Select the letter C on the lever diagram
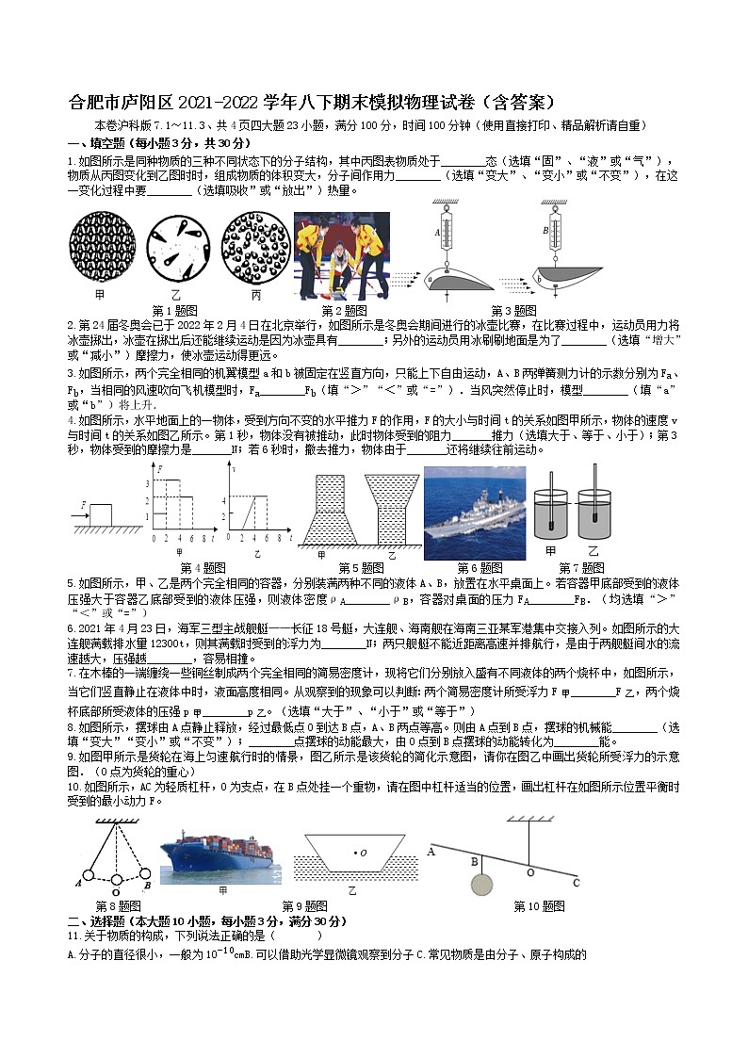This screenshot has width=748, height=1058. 576,883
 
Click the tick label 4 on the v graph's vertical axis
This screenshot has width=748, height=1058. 222,497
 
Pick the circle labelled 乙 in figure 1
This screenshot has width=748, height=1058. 176,245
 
